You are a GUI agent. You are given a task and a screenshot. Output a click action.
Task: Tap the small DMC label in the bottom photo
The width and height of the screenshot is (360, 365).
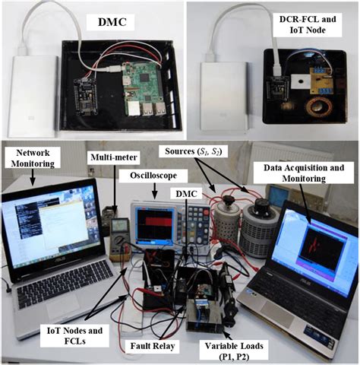coord(185,195)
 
